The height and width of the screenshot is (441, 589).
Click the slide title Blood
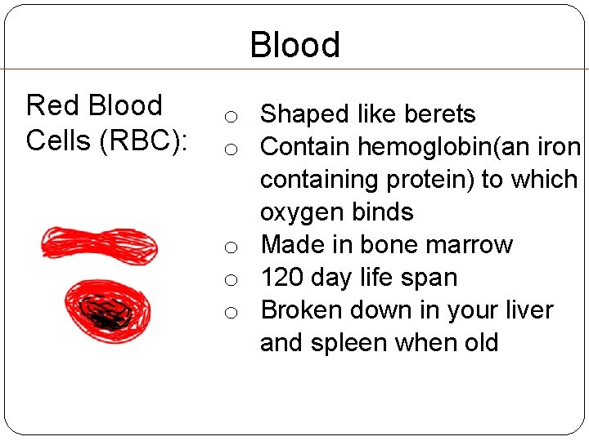[294, 45]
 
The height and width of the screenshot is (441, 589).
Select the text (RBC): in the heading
[144, 140]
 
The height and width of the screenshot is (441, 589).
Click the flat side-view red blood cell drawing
[99, 243]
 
